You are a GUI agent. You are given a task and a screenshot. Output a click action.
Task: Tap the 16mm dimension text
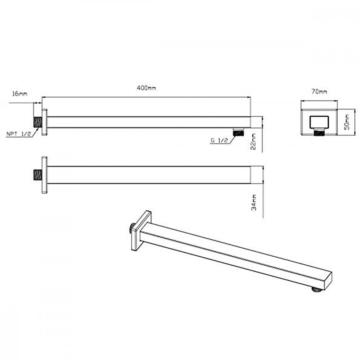tap(20, 94)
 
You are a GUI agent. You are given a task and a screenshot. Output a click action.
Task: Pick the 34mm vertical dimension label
tap(254, 202)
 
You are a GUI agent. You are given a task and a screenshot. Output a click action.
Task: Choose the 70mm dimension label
tap(319, 92)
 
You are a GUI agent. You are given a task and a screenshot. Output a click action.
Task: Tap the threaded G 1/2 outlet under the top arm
tap(238, 132)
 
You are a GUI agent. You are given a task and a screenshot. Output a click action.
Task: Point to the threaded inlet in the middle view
tap(37, 175)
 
